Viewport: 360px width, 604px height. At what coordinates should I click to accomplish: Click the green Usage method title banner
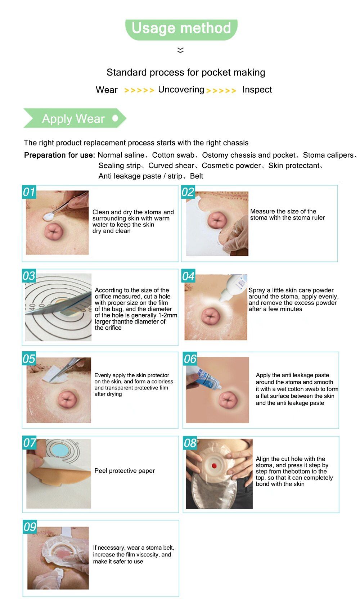[181, 30]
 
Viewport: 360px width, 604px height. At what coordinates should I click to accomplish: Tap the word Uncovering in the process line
[181, 90]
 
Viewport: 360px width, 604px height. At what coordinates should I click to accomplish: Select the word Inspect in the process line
[257, 90]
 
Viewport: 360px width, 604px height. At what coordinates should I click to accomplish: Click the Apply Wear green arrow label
[75, 118]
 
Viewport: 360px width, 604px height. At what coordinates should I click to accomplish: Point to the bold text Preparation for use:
[59, 155]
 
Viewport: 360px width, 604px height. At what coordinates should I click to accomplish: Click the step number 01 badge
[29, 192]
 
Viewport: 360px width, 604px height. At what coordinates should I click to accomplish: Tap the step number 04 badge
[188, 276]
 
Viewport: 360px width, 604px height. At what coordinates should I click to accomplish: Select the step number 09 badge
[30, 527]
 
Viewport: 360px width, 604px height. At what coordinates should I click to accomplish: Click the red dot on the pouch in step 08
[215, 466]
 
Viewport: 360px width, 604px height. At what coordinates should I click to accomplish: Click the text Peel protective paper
[125, 471]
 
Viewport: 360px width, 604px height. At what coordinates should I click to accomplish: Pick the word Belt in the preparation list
[197, 176]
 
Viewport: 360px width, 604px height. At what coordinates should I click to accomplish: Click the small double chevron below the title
[180, 50]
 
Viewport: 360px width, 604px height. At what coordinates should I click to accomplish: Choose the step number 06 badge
[190, 359]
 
